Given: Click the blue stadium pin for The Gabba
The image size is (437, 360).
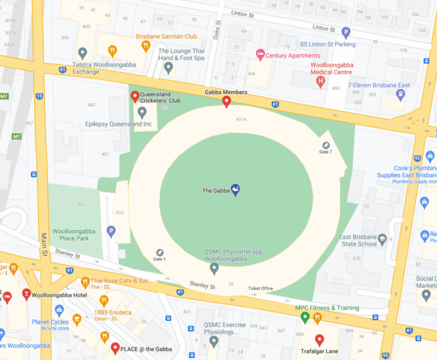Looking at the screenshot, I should [x=235, y=190].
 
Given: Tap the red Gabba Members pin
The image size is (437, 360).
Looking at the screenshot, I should [x=226, y=102].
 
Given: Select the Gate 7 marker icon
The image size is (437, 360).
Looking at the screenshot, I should [x=326, y=146].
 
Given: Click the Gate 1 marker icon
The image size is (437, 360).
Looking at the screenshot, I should [x=159, y=252].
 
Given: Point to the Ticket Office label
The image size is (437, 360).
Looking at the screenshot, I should [x=260, y=288].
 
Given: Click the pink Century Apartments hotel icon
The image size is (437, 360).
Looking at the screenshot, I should [x=261, y=55].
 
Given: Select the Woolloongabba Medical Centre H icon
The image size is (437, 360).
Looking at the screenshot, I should [x=321, y=82].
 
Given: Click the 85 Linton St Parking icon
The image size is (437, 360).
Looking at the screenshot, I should [x=345, y=33].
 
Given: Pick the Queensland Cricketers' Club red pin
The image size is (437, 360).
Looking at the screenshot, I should [x=135, y=96].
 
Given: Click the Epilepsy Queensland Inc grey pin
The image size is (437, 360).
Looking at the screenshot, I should [x=142, y=111].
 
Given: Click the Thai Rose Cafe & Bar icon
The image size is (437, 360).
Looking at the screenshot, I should [x=85, y=281].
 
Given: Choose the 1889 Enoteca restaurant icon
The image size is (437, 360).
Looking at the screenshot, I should [x=104, y=301].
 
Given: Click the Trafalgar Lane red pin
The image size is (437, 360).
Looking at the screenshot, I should [x=319, y=340].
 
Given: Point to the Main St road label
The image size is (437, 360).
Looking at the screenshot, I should [x=43, y=244].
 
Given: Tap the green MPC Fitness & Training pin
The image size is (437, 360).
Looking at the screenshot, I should [x=304, y=317].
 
